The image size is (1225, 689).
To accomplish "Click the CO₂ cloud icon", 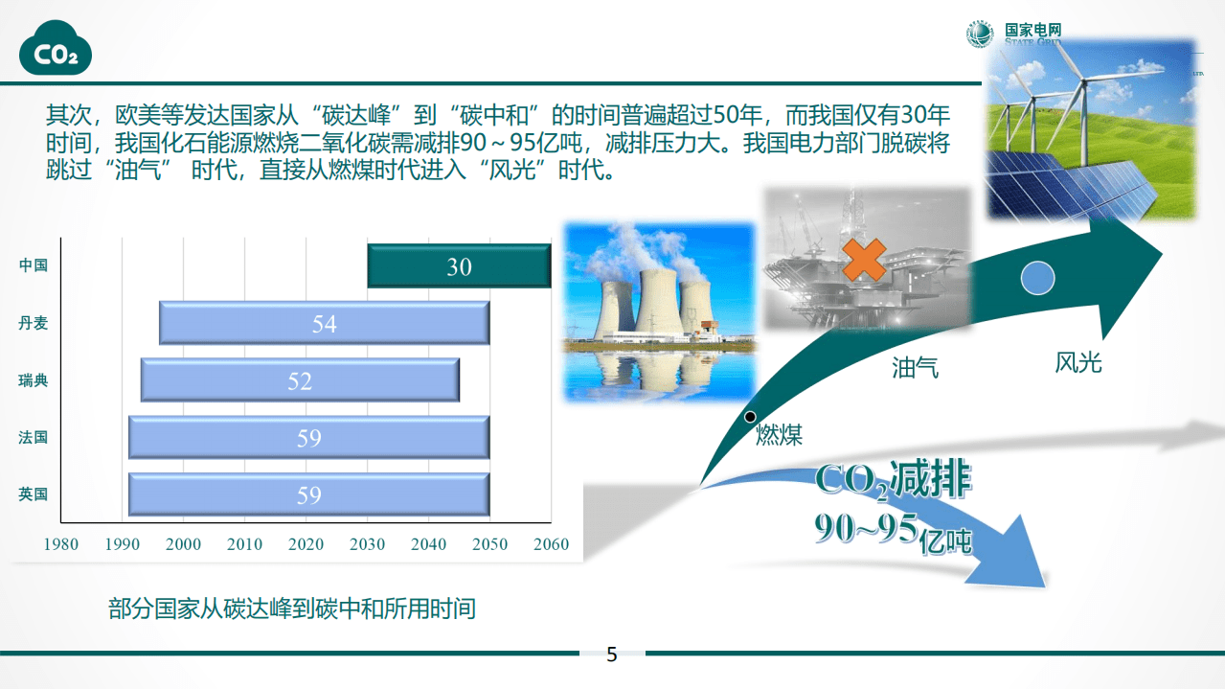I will point(57,52).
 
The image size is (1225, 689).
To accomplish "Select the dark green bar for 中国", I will point(459,266).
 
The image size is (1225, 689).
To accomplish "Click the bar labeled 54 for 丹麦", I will point(324,324).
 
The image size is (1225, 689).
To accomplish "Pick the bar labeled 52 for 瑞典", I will point(300,380).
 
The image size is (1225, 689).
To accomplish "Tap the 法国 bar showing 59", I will point(308,438).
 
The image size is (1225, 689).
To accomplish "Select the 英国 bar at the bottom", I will point(308,494).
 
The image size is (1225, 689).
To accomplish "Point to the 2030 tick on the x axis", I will point(367,544).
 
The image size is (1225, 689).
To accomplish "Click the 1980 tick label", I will point(61,544).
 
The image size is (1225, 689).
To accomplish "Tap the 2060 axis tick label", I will point(551,544).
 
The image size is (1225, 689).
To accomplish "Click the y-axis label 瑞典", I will point(33,380).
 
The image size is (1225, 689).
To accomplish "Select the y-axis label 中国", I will point(33,265).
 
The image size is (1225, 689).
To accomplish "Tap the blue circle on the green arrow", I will point(1037,278).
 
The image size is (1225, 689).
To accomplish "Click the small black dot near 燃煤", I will point(750,417).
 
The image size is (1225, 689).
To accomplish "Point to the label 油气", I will point(915,366).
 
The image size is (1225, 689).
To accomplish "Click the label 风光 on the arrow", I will point(1078,362).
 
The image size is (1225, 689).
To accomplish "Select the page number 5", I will point(612,655).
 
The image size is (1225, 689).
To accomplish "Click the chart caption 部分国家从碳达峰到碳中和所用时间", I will point(292,609).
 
